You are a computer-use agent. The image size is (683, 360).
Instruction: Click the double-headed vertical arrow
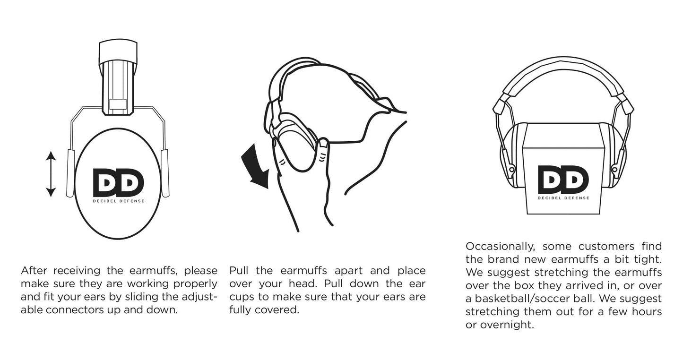[51, 174]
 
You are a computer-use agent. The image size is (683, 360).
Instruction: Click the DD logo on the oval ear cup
[118, 182]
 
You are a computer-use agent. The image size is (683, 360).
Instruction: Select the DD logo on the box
[563, 180]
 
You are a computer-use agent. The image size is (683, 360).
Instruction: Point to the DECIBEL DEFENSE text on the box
[563, 198]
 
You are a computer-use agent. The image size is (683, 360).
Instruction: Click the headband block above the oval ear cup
[118, 53]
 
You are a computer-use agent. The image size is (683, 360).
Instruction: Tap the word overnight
[507, 326]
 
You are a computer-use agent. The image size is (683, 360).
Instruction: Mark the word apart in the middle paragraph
[352, 271]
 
